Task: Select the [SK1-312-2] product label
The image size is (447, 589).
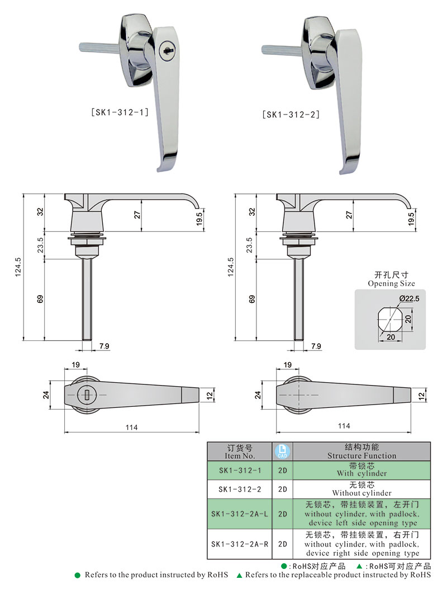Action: pos(291,115)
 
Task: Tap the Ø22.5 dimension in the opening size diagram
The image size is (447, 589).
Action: pos(409,300)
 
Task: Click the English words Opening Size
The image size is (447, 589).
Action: pos(389,283)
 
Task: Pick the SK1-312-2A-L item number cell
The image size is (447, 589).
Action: pos(243,514)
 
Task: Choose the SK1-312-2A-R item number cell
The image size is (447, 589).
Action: pos(243,544)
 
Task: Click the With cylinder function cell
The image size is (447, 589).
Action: pos(362,469)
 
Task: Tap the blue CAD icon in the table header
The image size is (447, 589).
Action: pos(282,451)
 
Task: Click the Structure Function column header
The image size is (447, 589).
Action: pos(362,452)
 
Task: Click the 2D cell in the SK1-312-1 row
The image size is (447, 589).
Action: pos(282,469)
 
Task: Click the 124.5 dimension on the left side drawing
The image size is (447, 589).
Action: pos(18,267)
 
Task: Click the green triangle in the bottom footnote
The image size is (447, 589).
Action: pos(239,575)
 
